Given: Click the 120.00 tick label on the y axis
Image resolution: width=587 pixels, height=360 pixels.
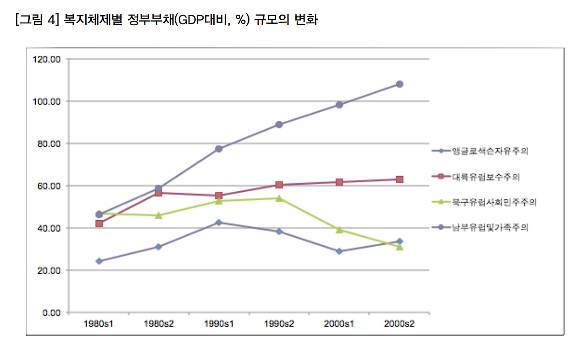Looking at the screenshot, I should pyautogui.click(x=45, y=59).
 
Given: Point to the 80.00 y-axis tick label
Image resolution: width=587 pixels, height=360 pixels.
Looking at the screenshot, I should pyautogui.click(x=47, y=144).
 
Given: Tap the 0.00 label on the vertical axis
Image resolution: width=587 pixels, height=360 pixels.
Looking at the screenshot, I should pyautogui.click(x=51, y=313).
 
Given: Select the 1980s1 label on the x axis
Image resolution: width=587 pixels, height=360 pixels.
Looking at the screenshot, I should pyautogui.click(x=99, y=323).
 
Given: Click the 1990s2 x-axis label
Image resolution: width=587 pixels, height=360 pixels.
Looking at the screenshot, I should pyautogui.click(x=279, y=323).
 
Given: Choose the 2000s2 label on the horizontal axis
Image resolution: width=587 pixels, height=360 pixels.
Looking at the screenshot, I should pyautogui.click(x=399, y=323).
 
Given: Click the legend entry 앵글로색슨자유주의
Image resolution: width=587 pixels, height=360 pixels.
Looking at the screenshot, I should pyautogui.click(x=490, y=151).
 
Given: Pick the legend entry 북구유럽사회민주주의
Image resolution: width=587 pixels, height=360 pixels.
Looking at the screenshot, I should pyautogui.click(x=494, y=202).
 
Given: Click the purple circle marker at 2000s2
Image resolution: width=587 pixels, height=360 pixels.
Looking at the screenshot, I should pyautogui.click(x=399, y=84).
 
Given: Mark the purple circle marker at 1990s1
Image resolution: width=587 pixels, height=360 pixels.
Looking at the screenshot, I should pyautogui.click(x=219, y=149).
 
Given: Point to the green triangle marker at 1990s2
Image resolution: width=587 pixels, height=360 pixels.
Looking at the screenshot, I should pyautogui.click(x=279, y=198).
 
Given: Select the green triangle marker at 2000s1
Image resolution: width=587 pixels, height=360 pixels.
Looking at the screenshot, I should pyautogui.click(x=339, y=229).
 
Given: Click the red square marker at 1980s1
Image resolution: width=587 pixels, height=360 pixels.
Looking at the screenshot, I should pyautogui.click(x=99, y=223).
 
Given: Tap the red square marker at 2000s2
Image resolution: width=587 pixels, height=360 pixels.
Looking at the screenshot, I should pyautogui.click(x=399, y=179).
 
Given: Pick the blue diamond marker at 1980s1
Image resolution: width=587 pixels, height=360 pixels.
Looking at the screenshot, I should pyautogui.click(x=99, y=261).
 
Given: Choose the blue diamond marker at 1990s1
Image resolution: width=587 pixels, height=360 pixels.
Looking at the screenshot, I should pyautogui.click(x=219, y=222).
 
